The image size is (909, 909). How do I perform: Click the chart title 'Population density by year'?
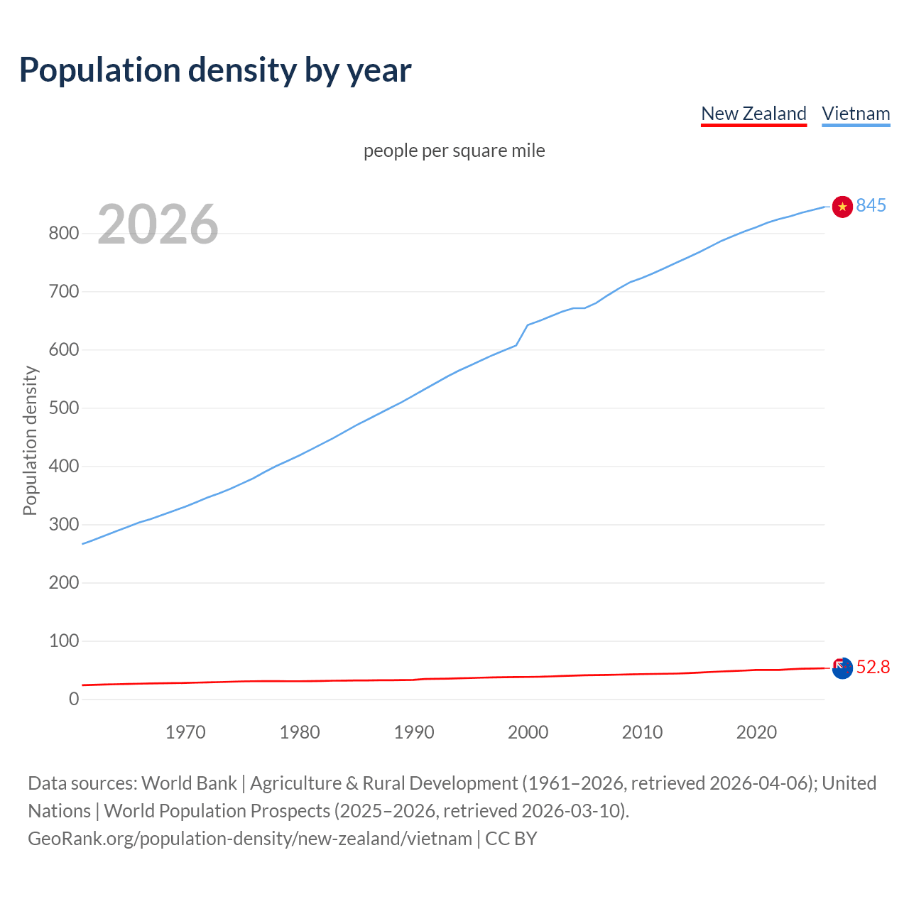215,70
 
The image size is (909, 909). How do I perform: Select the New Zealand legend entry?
753,114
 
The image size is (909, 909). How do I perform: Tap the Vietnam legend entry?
856,114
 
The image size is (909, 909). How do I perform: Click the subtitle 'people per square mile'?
454,151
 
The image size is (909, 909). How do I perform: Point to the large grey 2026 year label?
158,224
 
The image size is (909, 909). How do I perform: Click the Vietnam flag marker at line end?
842,207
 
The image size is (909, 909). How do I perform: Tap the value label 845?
871,205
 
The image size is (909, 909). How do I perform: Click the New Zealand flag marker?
842,668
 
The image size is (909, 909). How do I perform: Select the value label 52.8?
873,667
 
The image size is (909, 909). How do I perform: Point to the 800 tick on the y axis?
64,233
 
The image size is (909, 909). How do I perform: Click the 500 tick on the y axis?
64,408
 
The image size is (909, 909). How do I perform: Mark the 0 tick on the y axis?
74,699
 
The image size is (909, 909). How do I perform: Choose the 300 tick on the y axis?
64,524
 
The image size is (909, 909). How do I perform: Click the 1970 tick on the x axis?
185,732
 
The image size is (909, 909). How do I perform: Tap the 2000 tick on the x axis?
528,732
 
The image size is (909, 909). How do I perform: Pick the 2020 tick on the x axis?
756,732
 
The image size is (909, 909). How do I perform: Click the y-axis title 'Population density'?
30,440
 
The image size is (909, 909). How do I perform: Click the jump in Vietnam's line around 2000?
522,334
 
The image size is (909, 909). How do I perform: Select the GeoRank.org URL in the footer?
250,838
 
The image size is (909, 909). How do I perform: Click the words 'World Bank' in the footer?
189,783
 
